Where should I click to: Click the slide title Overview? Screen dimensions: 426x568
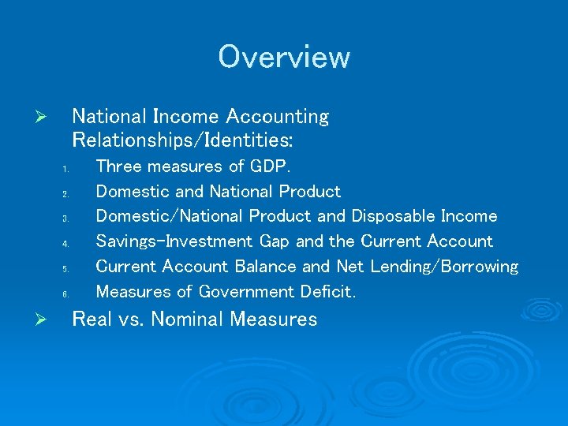(x=284, y=57)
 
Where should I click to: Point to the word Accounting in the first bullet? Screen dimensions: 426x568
(x=277, y=117)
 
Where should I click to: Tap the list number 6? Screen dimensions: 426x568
(x=67, y=294)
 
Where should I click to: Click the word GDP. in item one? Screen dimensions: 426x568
(x=271, y=166)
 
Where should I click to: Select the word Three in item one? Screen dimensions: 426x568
(x=119, y=166)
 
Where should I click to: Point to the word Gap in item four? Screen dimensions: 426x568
(x=274, y=241)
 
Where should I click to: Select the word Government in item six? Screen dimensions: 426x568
(x=247, y=292)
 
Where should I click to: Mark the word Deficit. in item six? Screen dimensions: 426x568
(x=328, y=292)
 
